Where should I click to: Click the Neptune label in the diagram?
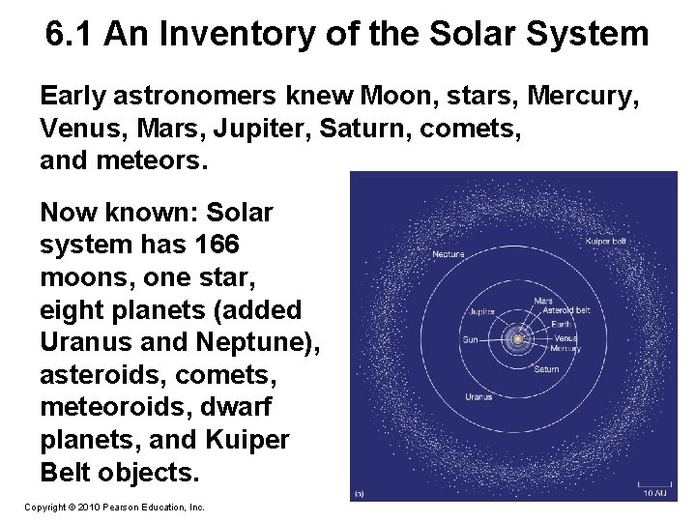[x=449, y=254]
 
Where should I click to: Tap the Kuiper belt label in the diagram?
[x=605, y=240]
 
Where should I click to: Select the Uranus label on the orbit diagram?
[x=478, y=396]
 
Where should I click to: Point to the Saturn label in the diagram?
[x=546, y=368]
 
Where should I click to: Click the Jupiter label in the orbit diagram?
[x=482, y=312]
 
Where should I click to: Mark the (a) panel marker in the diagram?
[x=359, y=492]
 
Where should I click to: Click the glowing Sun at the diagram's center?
[x=518, y=339]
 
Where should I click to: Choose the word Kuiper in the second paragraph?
[x=247, y=441]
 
